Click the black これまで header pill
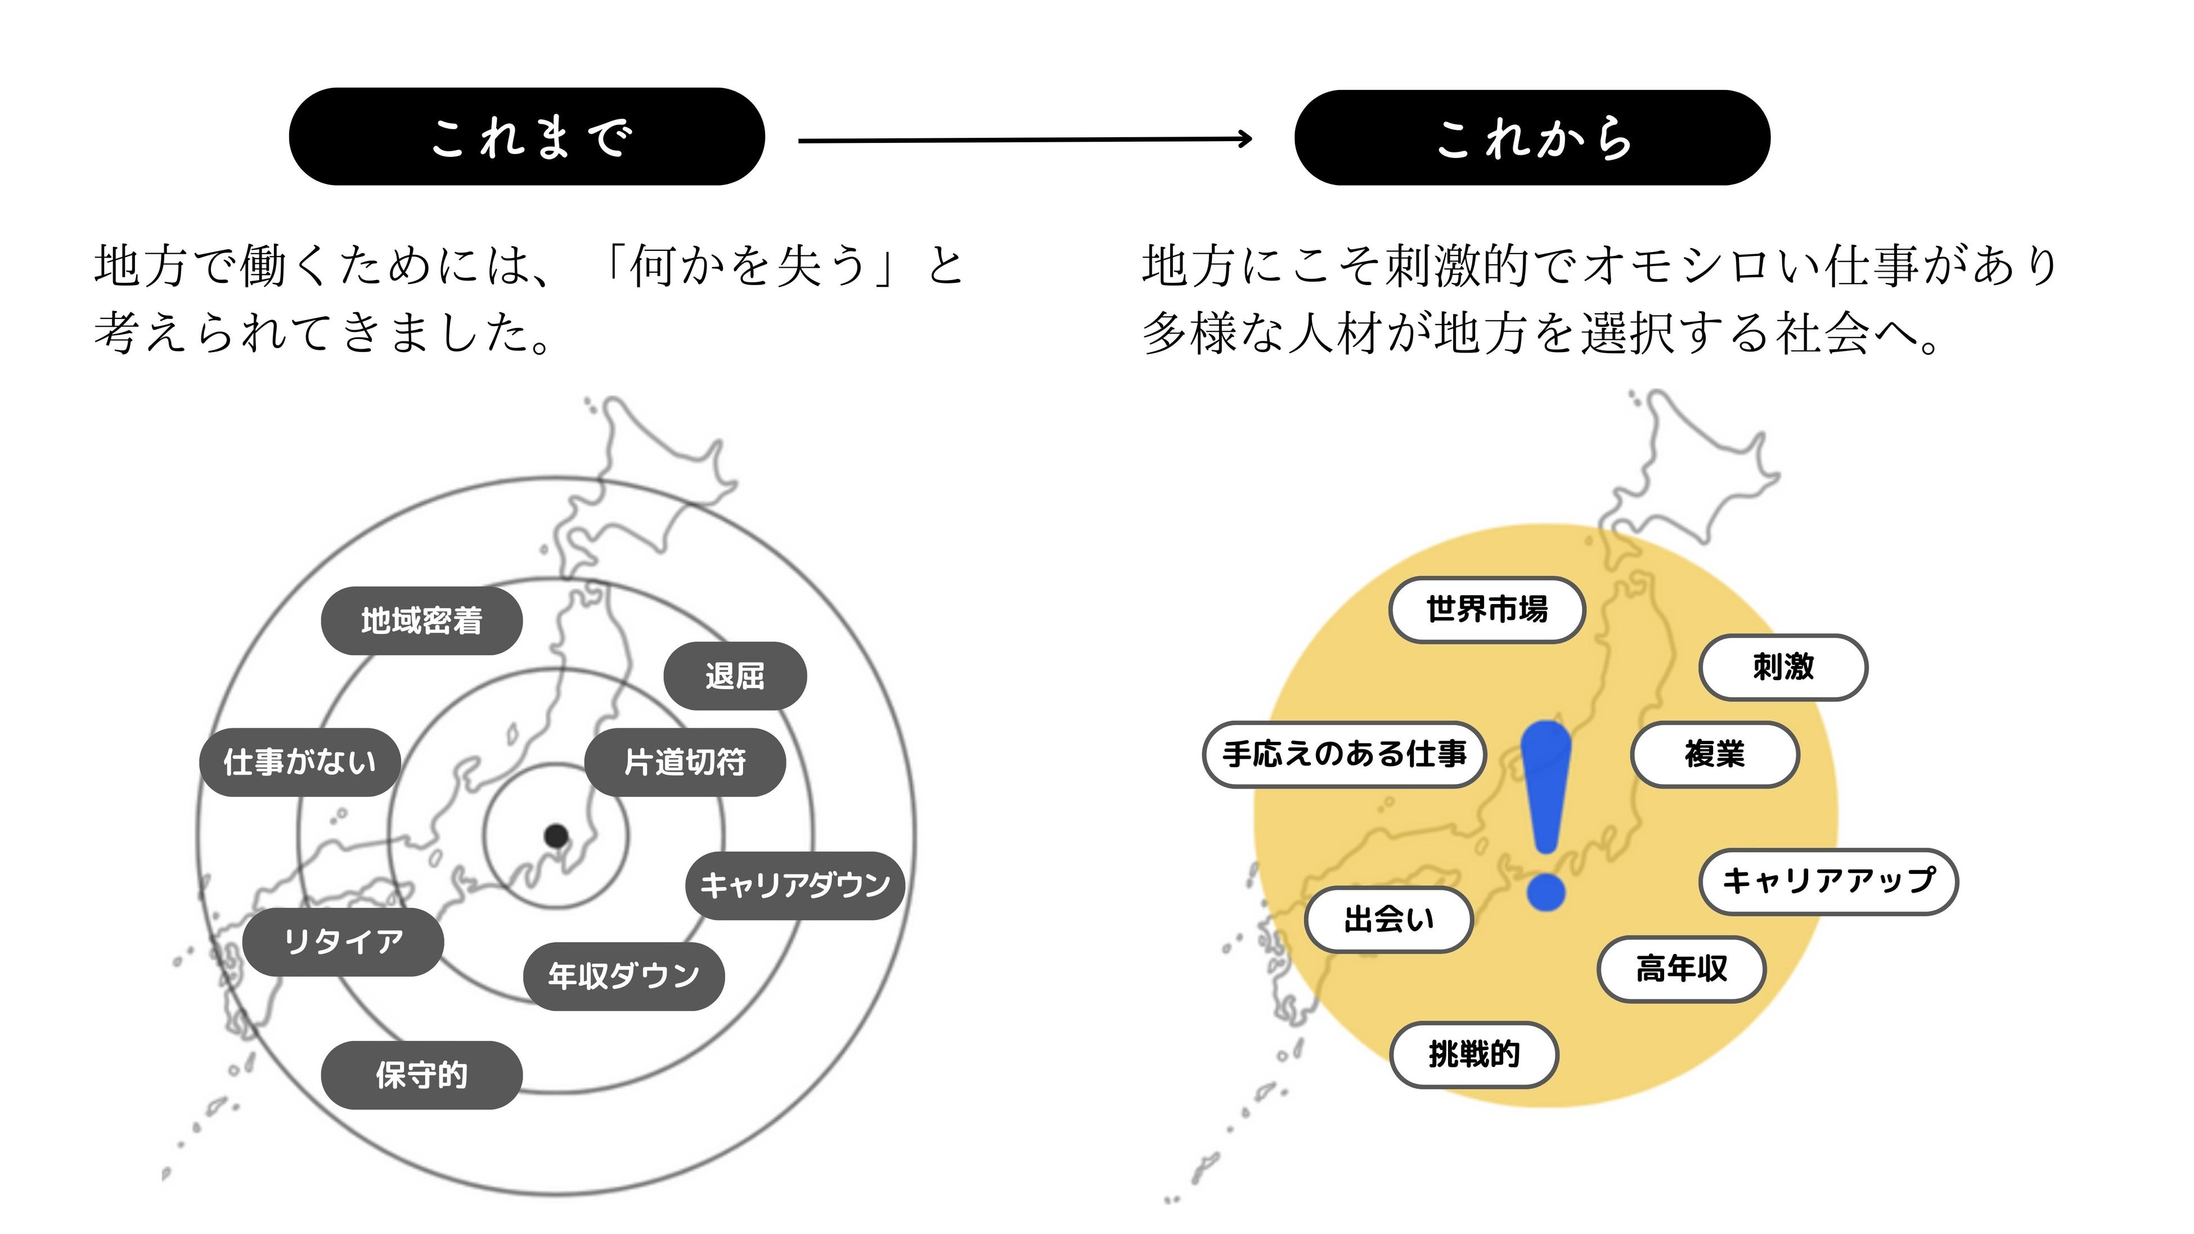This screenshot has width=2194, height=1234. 527,136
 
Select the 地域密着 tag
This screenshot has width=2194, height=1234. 421,621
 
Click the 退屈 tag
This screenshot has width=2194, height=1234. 734,676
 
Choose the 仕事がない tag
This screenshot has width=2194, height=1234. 300,762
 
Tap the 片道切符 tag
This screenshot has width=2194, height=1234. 685,762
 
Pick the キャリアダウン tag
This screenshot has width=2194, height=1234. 795,885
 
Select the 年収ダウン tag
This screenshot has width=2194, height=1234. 623,976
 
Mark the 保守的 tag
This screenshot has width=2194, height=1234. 421,1075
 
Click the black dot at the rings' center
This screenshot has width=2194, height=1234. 556,835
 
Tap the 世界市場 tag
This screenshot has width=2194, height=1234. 1487,610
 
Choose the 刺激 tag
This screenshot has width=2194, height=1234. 1783,667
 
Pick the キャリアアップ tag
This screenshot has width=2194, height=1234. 1829,881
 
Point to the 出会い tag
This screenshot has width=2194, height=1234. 1389,920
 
